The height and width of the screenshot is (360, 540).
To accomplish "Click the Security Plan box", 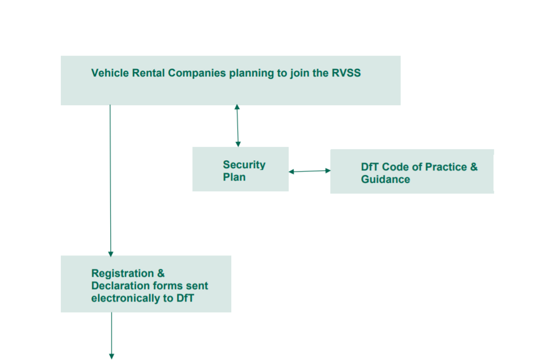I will tap(240, 169).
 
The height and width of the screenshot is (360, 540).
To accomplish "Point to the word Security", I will tap(244, 165).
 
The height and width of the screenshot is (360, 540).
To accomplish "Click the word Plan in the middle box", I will tap(234, 177).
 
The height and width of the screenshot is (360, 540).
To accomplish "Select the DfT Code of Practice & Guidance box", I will tap(412, 172).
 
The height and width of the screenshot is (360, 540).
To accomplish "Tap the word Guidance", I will tap(385, 180).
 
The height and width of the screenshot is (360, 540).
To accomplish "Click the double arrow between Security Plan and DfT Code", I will tap(309, 171).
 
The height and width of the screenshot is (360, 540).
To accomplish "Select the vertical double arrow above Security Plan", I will tap(237, 125).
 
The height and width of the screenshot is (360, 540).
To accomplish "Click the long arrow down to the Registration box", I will tap(110, 180).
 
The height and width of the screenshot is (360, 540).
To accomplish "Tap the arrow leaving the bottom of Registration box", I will tap(111, 335).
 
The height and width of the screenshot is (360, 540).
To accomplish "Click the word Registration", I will tap(123, 273).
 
